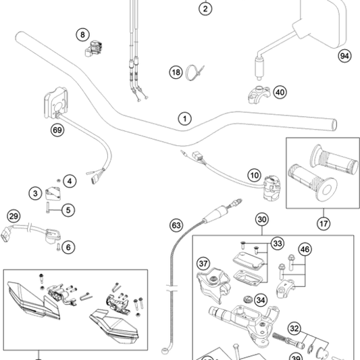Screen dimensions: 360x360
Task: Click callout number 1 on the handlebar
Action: pyautogui.click(x=183, y=118)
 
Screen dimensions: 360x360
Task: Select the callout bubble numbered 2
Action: pyautogui.click(x=205, y=9)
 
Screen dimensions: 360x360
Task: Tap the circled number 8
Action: pyautogui.click(x=82, y=34)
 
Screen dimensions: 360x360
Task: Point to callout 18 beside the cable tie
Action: pyautogui.click(x=176, y=72)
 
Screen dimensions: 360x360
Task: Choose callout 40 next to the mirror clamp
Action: pyautogui.click(x=280, y=93)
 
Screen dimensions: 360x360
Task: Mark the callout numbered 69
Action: pyautogui.click(x=57, y=130)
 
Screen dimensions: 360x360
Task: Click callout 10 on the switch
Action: pyautogui.click(x=253, y=175)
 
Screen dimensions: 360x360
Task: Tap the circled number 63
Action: pyautogui.click(x=176, y=224)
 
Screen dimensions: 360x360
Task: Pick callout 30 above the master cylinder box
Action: pyautogui.click(x=262, y=220)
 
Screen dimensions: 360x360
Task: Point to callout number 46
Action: pyautogui.click(x=305, y=251)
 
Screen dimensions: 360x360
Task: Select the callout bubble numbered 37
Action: pyautogui.click(x=203, y=263)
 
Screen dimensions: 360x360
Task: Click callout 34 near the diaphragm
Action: pyautogui.click(x=260, y=301)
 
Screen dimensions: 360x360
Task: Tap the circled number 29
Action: pyautogui.click(x=13, y=216)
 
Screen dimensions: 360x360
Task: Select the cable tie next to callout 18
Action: pyautogui.click(x=197, y=69)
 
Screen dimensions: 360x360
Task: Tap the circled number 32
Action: pyautogui.click(x=294, y=328)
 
